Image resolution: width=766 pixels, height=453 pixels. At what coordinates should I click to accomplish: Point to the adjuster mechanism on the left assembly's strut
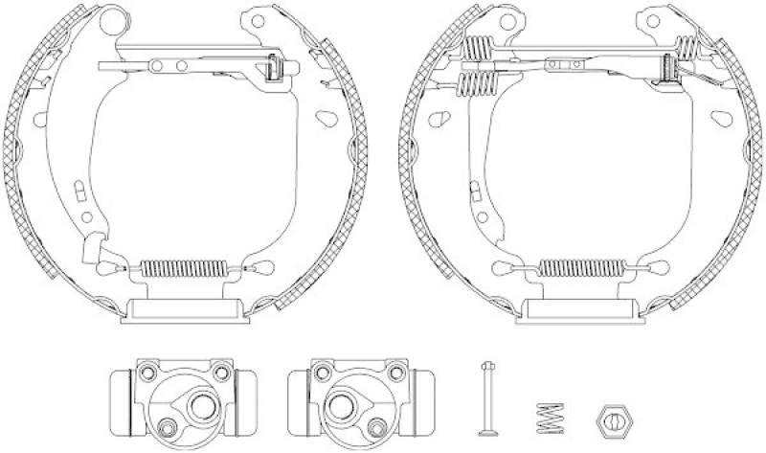(275, 69)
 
